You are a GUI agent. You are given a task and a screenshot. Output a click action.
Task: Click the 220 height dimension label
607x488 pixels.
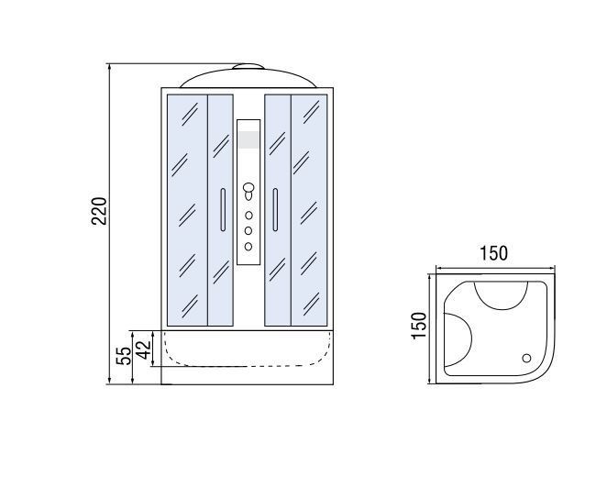point(99,211)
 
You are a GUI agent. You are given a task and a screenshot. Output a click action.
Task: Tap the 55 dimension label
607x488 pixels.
point(124,356)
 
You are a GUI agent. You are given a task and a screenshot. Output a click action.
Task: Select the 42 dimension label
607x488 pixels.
point(144,349)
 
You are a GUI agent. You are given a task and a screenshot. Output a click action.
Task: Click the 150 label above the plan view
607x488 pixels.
point(493,253)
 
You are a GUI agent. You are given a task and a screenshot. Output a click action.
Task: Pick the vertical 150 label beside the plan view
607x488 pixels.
point(419,326)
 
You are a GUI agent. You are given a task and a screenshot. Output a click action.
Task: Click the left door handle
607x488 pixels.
point(223,210)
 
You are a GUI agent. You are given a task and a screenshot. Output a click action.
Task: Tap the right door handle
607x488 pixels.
point(275,210)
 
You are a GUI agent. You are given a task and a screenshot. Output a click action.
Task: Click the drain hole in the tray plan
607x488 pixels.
point(526,359)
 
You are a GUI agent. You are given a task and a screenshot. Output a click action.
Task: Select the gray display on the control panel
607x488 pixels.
point(248,139)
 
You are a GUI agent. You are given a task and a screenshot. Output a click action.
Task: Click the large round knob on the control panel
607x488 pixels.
point(248,188)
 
